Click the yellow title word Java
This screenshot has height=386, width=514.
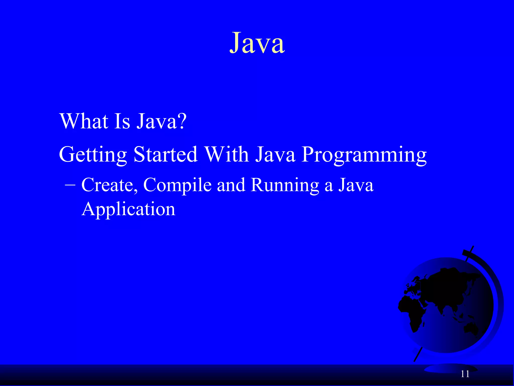tap(257, 43)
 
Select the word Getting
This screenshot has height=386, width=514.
tap(93, 155)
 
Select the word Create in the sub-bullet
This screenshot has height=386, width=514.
tap(109, 185)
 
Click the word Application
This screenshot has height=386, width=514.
tap(128, 209)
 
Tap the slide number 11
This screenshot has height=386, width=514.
tap(465, 374)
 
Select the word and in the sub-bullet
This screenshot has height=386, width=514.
tap(231, 185)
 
